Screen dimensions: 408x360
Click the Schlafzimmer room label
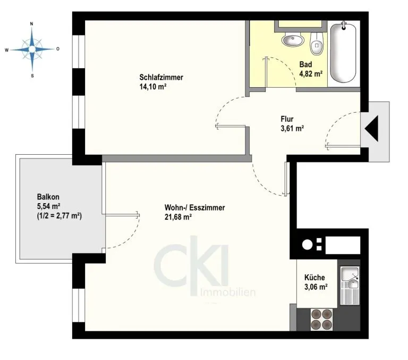161,77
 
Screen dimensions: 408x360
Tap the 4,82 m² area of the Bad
311,74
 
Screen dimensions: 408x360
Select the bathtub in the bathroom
343,52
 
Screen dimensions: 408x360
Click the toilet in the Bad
317,44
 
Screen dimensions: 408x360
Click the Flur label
287,119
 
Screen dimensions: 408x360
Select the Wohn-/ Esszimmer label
194,207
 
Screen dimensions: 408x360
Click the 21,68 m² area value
178,217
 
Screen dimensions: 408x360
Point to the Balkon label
48,197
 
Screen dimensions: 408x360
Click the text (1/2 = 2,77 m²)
59,216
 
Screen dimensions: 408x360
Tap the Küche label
314,278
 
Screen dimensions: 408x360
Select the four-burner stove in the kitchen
321,320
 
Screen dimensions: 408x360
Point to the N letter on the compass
32,24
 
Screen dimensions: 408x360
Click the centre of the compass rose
32,49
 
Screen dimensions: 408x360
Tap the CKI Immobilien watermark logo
205,267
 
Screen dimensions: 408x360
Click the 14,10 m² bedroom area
153,87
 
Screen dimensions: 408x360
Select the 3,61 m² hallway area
293,129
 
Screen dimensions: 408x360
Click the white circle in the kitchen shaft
307,245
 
